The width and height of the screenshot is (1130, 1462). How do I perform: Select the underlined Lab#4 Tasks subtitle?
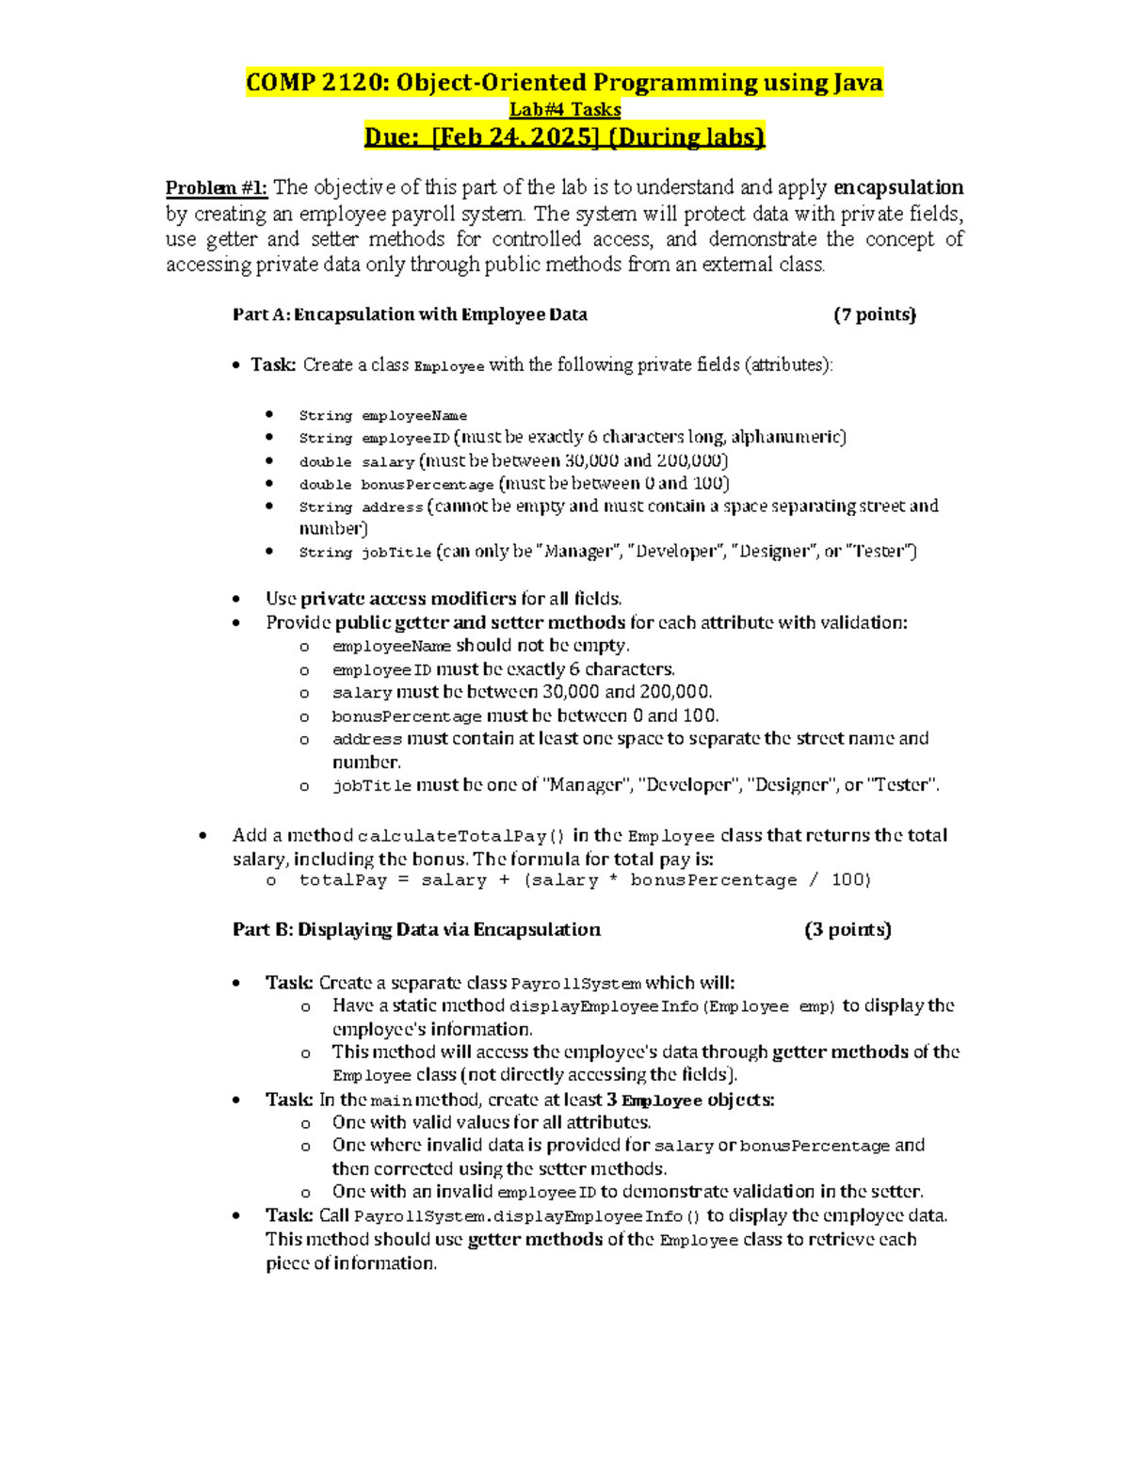tap(565, 109)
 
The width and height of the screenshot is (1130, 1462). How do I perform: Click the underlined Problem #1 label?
tap(217, 187)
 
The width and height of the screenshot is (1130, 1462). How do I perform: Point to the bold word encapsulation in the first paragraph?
tap(898, 187)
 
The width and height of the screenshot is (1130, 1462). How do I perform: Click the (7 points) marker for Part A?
tap(875, 314)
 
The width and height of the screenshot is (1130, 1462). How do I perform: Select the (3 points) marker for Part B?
tap(847, 930)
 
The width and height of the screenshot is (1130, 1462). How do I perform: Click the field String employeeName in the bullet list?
tap(382, 415)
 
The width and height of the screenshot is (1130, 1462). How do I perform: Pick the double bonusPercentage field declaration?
tap(395, 485)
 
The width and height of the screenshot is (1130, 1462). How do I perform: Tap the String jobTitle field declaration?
tap(365, 553)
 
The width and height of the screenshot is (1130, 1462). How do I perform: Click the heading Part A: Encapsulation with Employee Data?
tap(410, 314)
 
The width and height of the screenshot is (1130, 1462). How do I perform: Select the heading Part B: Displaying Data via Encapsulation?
tap(416, 930)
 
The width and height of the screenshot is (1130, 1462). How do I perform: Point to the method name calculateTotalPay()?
tap(461, 836)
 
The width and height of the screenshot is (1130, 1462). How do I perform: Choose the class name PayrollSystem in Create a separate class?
tap(576, 984)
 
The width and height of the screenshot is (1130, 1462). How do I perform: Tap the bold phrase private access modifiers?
tap(409, 599)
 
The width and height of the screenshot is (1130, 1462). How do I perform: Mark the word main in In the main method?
tap(391, 1101)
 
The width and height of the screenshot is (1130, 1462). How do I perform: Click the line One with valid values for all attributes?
tap(492, 1123)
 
